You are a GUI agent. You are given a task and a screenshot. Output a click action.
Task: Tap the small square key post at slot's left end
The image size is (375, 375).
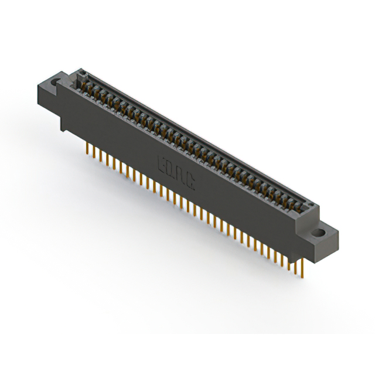(83, 74)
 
